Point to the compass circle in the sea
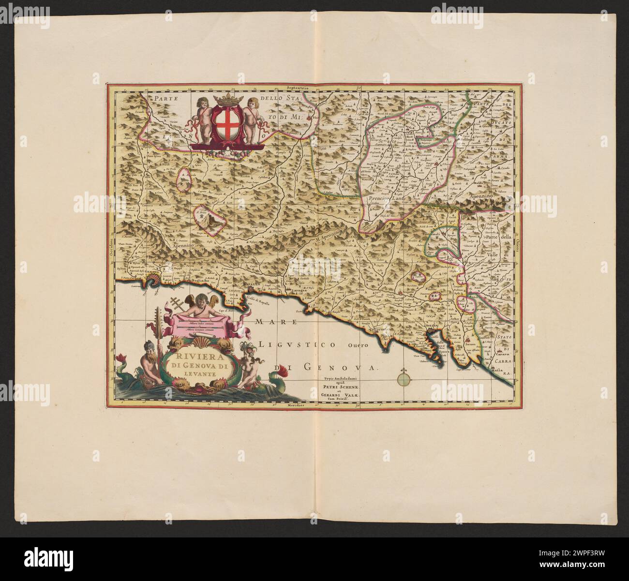[x=404, y=377]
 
